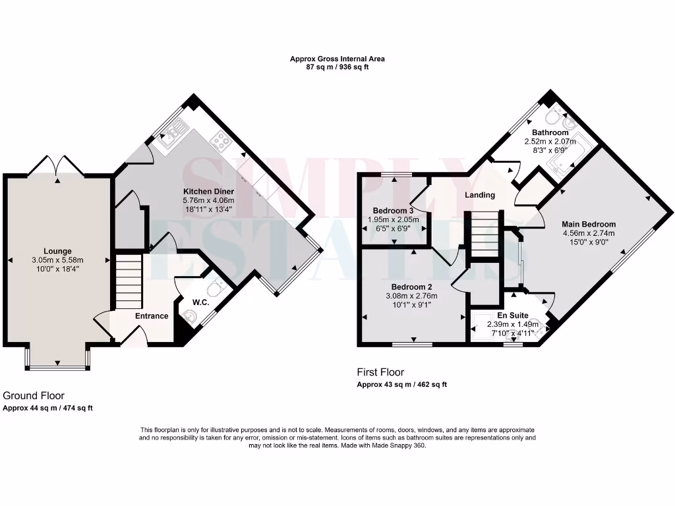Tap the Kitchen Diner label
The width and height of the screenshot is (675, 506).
click(x=208, y=192)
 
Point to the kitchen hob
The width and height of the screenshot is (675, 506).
click(x=220, y=140)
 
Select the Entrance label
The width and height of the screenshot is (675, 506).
click(x=152, y=316)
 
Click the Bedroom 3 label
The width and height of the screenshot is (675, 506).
click(x=394, y=211)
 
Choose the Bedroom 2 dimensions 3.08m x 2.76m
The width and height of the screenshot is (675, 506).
click(x=411, y=296)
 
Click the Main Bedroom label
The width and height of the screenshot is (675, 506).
click(x=589, y=224)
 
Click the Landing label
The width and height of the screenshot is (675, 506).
click(x=480, y=196)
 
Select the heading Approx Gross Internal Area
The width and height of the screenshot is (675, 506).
click(x=337, y=59)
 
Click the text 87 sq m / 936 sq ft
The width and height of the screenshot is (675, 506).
click(x=337, y=67)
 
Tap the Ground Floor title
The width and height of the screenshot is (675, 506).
click(x=34, y=396)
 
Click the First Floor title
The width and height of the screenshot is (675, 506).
click(x=380, y=372)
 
